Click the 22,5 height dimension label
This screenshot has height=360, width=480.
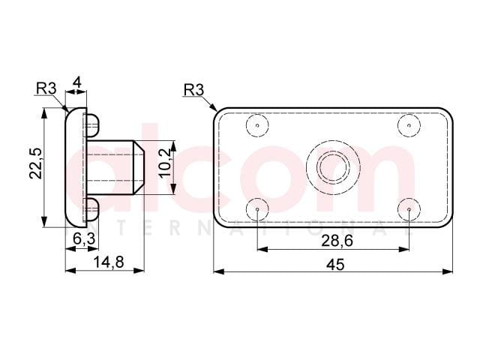coord(36,163)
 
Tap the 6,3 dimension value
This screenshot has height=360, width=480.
coord(84,238)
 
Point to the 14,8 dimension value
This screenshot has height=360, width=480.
coord(109,262)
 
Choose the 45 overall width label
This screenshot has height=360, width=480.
coord(335,265)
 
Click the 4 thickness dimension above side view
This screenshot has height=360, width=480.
coord(77,82)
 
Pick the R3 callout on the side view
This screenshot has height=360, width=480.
coord(46,88)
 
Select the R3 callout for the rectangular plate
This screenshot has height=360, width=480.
coord(193,90)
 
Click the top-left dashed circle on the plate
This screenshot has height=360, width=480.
coord(257,125)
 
